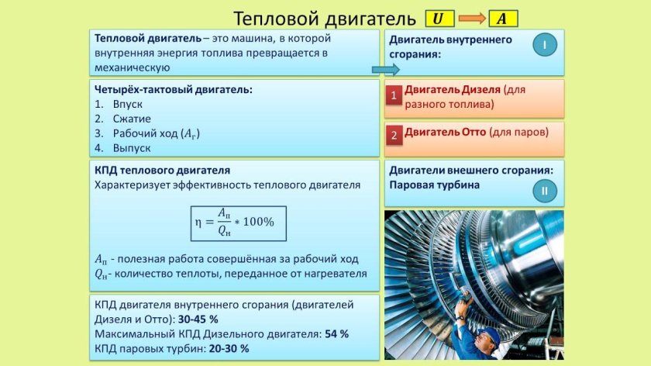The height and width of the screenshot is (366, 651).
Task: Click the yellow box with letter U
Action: pyautogui.click(x=438, y=19)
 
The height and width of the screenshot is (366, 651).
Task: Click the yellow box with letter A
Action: pyautogui.click(x=501, y=19)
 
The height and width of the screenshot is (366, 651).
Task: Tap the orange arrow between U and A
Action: pyautogui.click(x=470, y=19)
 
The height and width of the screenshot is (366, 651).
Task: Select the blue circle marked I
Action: pyautogui.click(x=544, y=46)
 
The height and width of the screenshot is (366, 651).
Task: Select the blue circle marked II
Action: pyautogui.click(x=544, y=190)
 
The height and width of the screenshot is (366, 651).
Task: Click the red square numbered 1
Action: pyautogui.click(x=394, y=96)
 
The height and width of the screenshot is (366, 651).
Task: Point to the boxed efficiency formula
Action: pyautogui.click(x=239, y=222)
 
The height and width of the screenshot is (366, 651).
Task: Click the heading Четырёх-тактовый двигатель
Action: pyautogui.click(x=173, y=89)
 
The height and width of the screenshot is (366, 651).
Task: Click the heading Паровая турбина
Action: pyautogui.click(x=434, y=185)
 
